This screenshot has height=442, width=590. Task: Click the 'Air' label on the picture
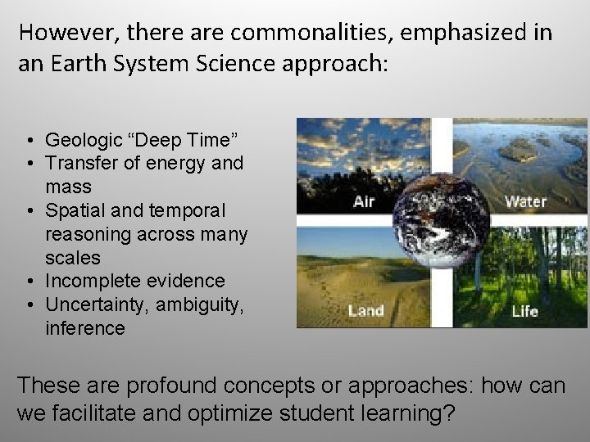364,201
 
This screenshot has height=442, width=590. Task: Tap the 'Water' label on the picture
525,201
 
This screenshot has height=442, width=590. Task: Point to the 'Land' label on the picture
365,310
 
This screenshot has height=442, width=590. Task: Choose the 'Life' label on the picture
524,310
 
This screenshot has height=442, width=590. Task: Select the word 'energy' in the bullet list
176,163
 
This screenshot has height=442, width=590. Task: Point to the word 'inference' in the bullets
85,328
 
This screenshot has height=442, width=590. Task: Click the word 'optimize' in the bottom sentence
226,413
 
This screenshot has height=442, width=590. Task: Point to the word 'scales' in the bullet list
73,258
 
